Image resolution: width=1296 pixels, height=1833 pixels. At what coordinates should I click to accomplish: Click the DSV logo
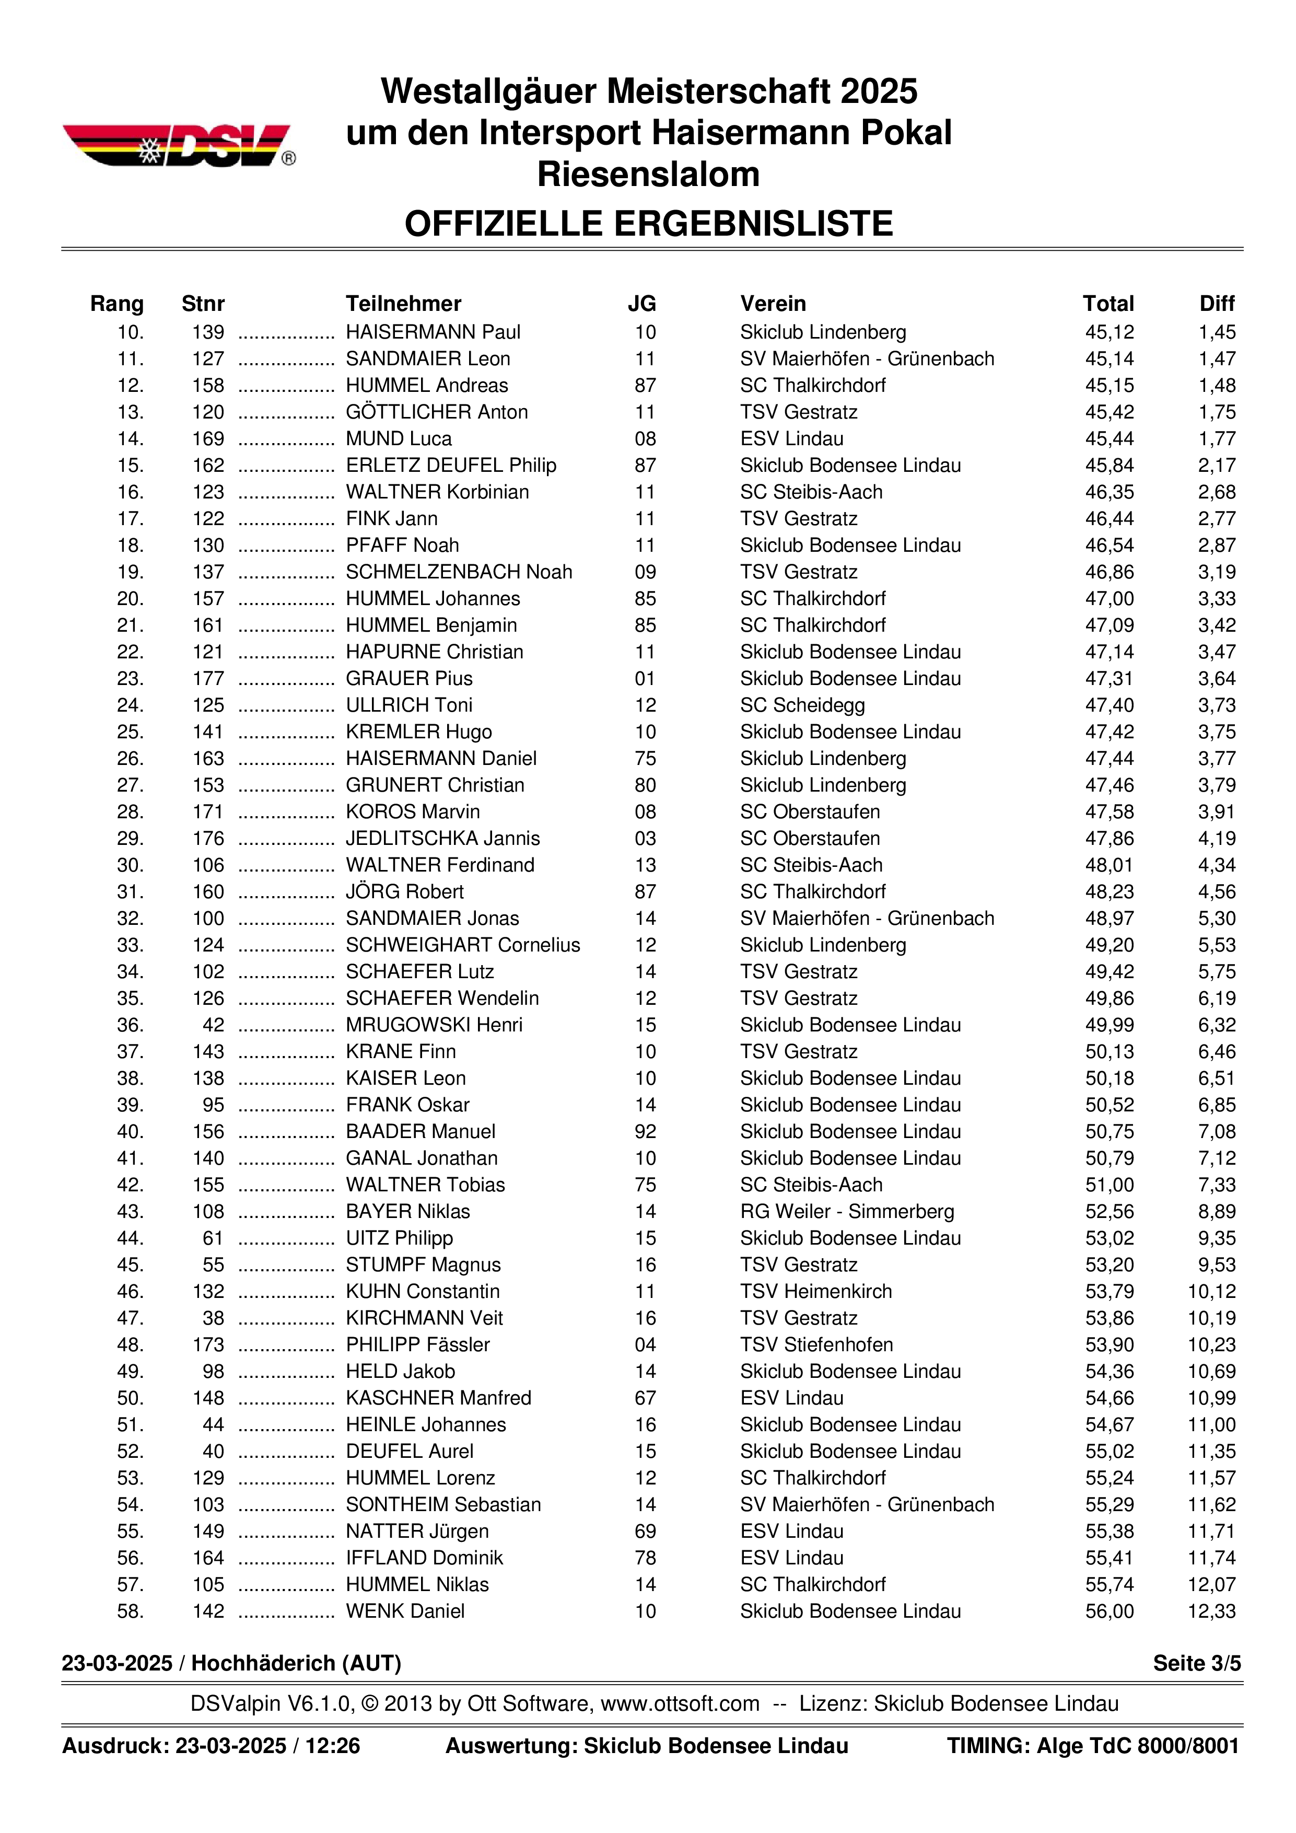click(x=179, y=145)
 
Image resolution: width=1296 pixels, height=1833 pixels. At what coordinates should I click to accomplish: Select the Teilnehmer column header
click(x=403, y=304)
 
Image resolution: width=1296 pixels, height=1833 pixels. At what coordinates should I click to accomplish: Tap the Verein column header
click(x=773, y=304)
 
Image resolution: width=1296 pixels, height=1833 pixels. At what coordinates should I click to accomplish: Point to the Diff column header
click(x=1216, y=304)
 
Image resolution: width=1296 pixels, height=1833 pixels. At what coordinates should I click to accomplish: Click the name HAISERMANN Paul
click(x=433, y=332)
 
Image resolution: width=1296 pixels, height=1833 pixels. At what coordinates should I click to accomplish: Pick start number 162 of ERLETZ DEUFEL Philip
click(x=208, y=466)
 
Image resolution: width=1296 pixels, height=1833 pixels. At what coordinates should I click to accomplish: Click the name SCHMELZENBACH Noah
click(x=459, y=572)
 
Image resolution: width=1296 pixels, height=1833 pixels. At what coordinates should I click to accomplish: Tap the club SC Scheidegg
click(x=802, y=706)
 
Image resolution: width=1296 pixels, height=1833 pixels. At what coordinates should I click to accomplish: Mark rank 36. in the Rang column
click(x=130, y=1025)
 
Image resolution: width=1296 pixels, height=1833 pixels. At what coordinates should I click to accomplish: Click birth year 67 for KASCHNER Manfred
click(x=645, y=1399)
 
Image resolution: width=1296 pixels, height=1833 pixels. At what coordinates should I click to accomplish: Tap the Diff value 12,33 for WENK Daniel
click(x=1211, y=1612)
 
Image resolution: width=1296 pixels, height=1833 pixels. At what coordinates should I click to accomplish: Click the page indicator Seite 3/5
click(x=1196, y=1664)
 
